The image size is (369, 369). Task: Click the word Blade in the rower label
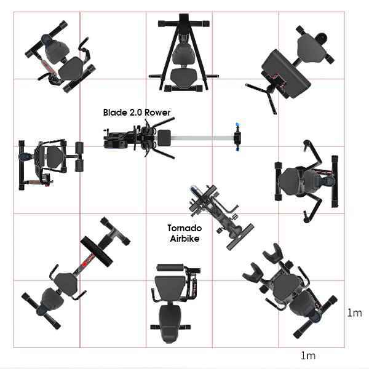[115, 113]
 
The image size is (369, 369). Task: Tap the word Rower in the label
[157, 113]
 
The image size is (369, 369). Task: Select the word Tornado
[184, 228]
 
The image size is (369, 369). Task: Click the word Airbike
[184, 239]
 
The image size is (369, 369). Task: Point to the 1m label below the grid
[308, 355]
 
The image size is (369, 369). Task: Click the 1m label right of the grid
[355, 313]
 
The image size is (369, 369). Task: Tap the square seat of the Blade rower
[164, 137]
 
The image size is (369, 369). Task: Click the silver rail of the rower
[202, 138]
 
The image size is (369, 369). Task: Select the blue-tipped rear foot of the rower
[238, 137]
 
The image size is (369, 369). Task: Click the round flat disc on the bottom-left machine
[97, 252]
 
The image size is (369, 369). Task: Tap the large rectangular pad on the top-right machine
[286, 73]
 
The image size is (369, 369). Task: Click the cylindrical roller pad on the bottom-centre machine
[170, 268]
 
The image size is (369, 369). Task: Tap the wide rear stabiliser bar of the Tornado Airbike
[240, 237]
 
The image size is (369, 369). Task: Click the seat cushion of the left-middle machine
[55, 157]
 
